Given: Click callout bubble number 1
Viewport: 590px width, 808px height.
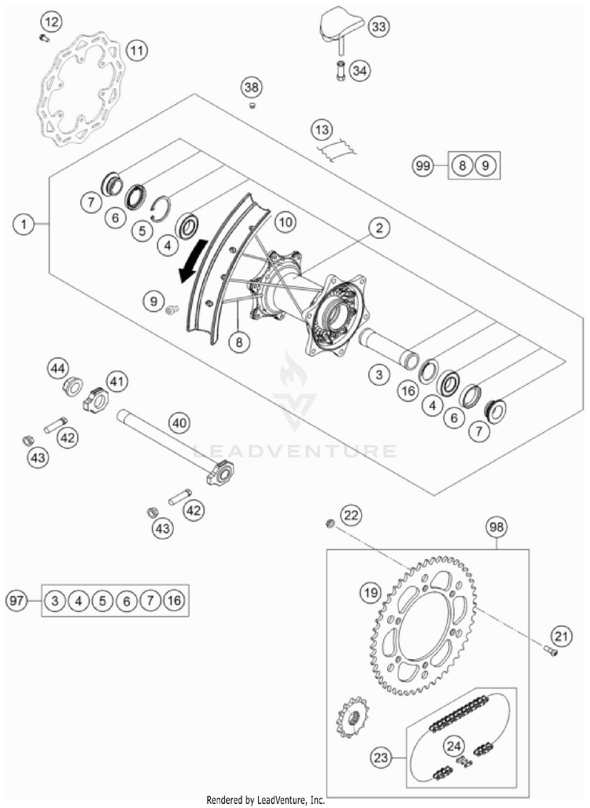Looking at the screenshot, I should click(x=24, y=224).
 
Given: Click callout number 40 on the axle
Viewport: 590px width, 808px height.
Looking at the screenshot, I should click(x=179, y=424).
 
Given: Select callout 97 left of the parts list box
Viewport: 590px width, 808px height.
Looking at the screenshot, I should click(x=17, y=601).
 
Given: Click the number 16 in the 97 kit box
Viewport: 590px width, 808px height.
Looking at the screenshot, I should click(x=175, y=601).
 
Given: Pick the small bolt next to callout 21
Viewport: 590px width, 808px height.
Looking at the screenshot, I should click(x=551, y=650).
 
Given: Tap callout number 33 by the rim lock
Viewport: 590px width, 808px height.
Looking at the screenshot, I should click(x=378, y=27).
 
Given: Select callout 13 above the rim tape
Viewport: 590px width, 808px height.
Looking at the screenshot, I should click(x=321, y=129).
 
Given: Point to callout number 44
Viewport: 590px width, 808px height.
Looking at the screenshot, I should click(x=58, y=367).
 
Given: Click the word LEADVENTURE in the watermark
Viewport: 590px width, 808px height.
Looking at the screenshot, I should click(x=296, y=451).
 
